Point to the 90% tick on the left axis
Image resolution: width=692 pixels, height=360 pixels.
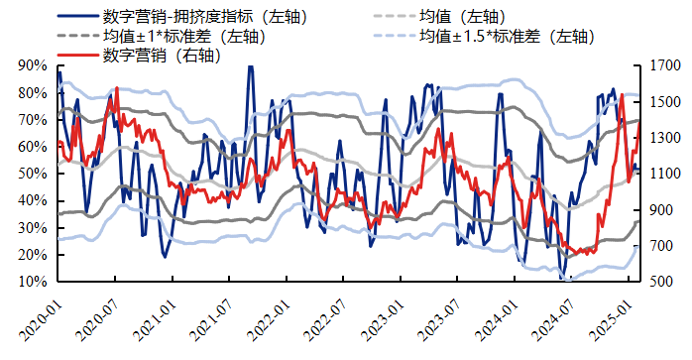33,66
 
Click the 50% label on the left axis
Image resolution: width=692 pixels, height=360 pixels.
33,174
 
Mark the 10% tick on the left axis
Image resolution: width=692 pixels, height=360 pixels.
33,282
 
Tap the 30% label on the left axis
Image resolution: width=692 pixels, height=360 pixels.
33,228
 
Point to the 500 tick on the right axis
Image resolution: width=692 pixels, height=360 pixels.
663,282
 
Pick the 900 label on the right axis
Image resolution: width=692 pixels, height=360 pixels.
663,210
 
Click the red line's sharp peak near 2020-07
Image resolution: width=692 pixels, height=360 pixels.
117,88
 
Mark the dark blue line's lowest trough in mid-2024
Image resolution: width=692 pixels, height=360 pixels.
563,279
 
